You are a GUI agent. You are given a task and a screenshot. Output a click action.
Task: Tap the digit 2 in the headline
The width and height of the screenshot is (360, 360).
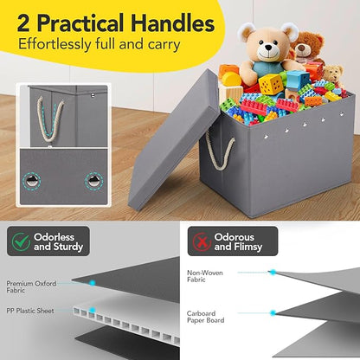(x=23, y=23)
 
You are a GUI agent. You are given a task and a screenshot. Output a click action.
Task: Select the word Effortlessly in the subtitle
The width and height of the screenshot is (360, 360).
(x=55, y=45)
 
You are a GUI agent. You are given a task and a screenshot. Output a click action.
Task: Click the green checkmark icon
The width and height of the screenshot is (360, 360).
(x=21, y=241)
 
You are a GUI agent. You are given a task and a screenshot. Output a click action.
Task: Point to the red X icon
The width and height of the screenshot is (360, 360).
(x=202, y=241)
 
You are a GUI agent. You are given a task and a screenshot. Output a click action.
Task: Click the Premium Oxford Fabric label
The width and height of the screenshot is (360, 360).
(x=31, y=286)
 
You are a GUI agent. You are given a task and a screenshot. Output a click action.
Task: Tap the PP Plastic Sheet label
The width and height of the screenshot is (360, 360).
(x=30, y=311)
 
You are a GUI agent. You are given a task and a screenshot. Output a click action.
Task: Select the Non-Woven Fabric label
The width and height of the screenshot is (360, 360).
(x=205, y=276)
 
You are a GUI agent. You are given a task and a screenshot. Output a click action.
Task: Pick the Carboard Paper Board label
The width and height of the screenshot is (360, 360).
(x=205, y=317)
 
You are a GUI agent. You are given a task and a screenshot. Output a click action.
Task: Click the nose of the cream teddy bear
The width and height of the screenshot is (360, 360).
(x=269, y=47)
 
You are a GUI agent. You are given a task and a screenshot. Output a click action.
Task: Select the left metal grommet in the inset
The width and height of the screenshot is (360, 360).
(x=31, y=181)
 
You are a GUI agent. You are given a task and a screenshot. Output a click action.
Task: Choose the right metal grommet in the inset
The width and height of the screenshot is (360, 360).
(x=94, y=181)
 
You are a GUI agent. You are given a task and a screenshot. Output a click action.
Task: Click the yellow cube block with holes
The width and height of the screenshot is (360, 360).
(x=271, y=84)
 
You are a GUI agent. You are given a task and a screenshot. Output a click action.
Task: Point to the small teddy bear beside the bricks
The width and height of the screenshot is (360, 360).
(x=334, y=75)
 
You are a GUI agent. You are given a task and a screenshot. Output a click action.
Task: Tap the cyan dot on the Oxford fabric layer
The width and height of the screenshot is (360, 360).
(x=93, y=283)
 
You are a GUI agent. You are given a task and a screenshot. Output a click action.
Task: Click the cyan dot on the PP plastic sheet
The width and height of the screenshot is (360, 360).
(x=93, y=310)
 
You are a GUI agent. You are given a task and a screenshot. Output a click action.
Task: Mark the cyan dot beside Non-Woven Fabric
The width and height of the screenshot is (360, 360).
(x=273, y=272)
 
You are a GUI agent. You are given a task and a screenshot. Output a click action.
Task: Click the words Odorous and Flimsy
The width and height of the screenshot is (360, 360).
(x=238, y=241)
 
